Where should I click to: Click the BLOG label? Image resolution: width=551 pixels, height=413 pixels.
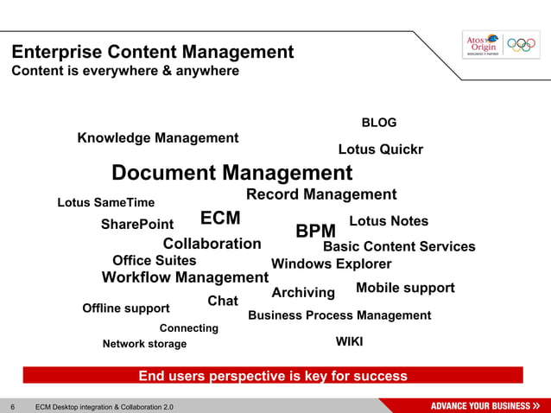pyautogui.click(x=378, y=123)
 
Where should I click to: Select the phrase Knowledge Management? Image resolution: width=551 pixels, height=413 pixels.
pyautogui.click(x=158, y=138)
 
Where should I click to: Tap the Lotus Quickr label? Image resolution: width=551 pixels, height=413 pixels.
pyautogui.click(x=380, y=149)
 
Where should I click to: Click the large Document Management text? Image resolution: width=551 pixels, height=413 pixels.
pyautogui.click(x=232, y=172)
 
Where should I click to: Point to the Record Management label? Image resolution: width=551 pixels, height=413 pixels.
pyautogui.click(x=321, y=194)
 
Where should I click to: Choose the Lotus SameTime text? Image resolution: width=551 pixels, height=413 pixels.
pyautogui.click(x=105, y=203)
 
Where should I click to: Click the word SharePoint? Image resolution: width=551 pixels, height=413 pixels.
pyautogui.click(x=137, y=225)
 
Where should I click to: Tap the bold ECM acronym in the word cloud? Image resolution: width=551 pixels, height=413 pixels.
pyautogui.click(x=220, y=217)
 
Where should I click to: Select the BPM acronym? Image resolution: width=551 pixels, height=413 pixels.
pyautogui.click(x=315, y=232)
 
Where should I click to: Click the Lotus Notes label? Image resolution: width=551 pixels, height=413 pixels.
pyautogui.click(x=389, y=221)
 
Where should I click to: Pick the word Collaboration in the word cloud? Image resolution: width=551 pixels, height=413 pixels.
pyautogui.click(x=212, y=244)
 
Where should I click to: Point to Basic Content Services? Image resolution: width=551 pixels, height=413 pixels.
pyautogui.click(x=399, y=247)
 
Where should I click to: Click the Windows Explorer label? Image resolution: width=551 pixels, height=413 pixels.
pyautogui.click(x=331, y=264)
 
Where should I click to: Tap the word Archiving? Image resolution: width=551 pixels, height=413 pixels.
pyautogui.click(x=303, y=294)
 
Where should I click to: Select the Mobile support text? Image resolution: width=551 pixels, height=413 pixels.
pyautogui.click(x=405, y=288)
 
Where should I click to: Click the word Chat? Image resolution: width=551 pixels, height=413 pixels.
pyautogui.click(x=223, y=301)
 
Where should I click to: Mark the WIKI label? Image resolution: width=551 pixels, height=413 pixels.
pyautogui.click(x=349, y=342)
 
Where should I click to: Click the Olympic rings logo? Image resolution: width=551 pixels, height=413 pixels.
pyautogui.click(x=521, y=43)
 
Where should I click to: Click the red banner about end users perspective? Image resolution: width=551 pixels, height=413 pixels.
pyautogui.click(x=273, y=376)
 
